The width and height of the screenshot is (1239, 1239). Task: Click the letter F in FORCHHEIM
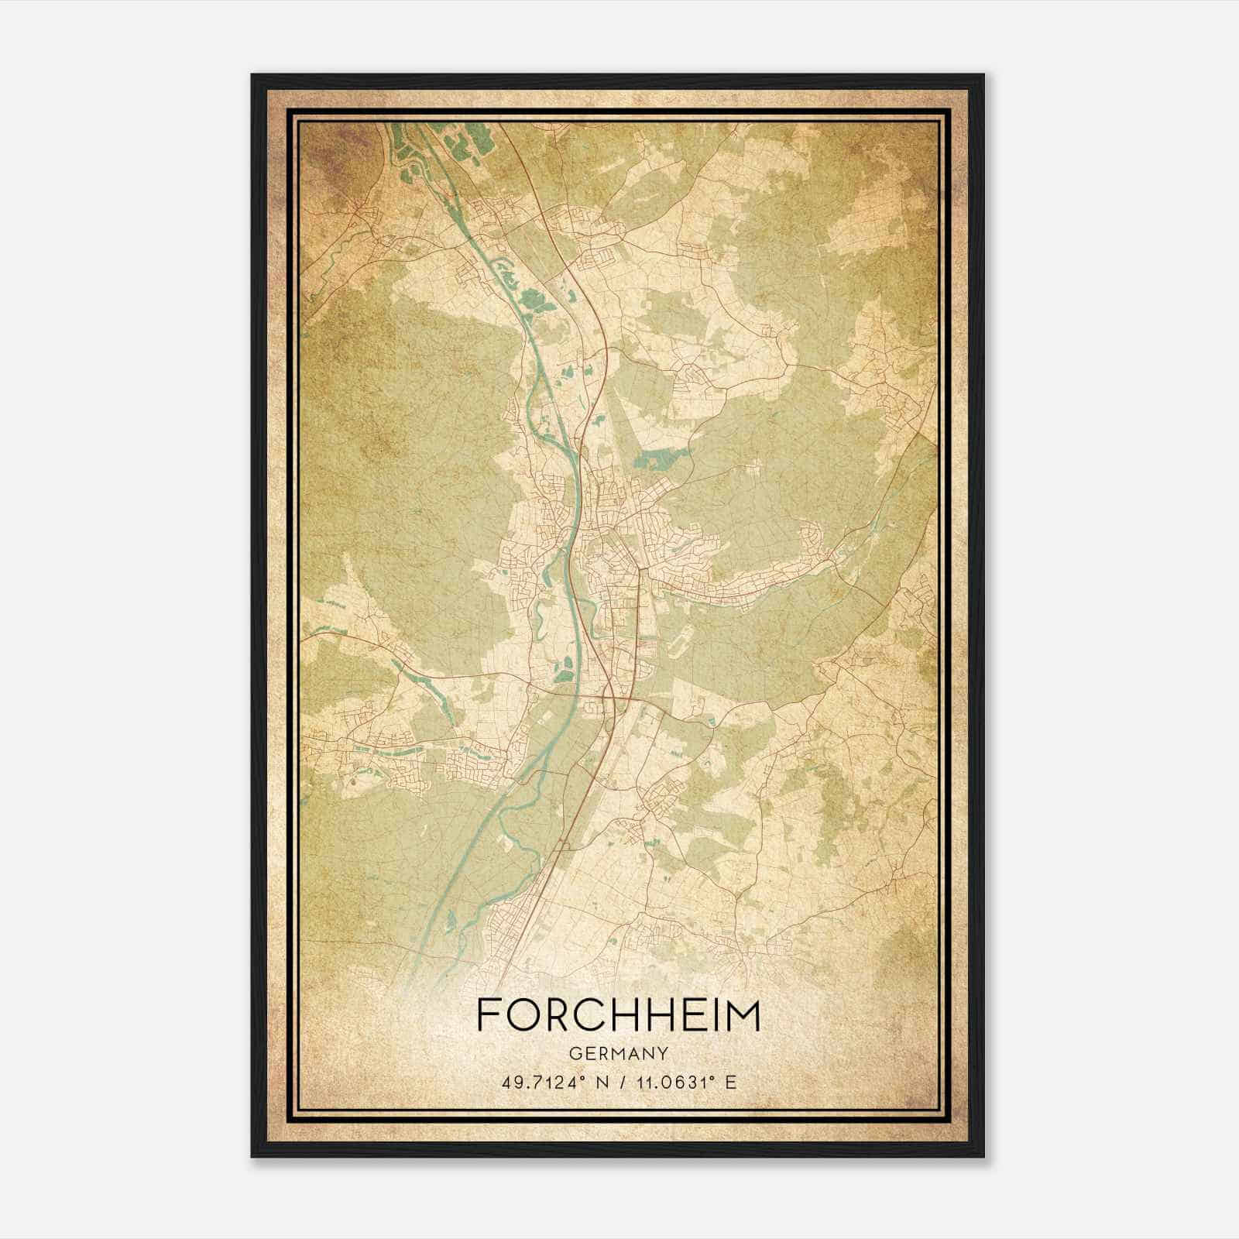(x=489, y=1015)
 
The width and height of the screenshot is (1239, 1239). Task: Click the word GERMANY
(x=619, y=1053)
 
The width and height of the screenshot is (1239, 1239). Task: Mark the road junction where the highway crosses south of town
(x=616, y=699)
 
